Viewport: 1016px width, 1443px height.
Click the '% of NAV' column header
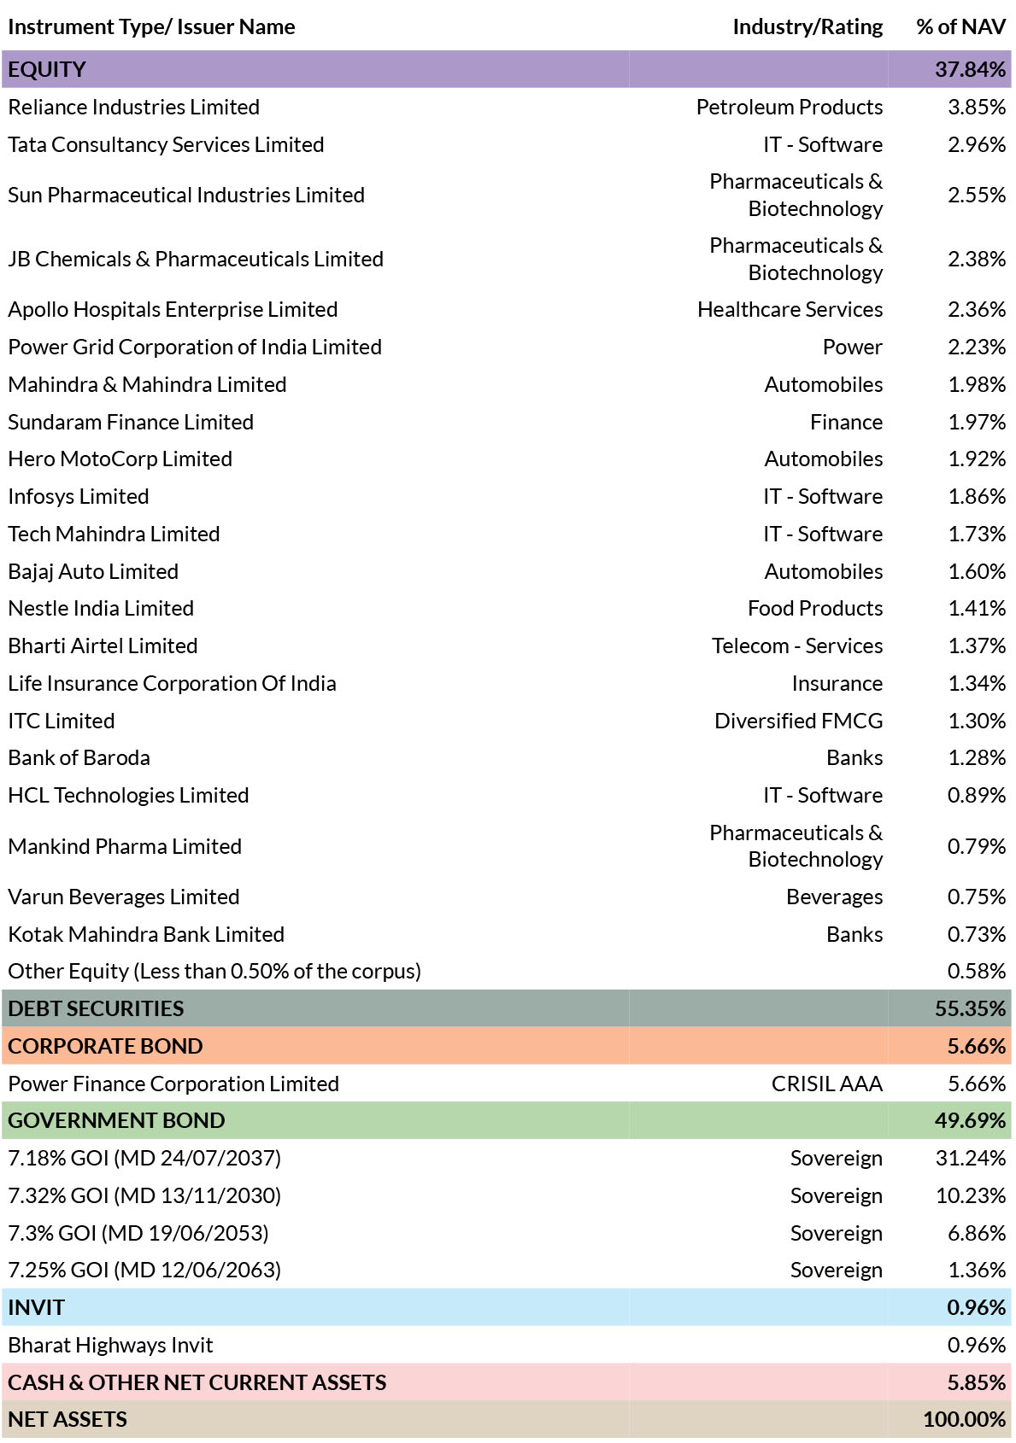point(960,26)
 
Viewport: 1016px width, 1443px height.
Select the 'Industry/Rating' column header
point(808,27)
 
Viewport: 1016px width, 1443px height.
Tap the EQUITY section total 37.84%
point(970,69)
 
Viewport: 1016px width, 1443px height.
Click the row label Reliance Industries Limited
point(133,107)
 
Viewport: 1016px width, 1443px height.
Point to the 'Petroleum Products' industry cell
point(790,107)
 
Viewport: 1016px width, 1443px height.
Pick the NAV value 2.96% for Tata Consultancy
point(977,144)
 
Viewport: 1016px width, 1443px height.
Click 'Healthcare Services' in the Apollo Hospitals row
point(790,309)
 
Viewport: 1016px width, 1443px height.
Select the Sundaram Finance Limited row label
point(131,422)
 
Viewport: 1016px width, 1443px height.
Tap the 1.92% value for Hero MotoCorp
point(977,459)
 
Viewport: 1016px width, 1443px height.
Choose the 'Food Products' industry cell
point(815,608)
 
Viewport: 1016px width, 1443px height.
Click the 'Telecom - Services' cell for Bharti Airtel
point(797,646)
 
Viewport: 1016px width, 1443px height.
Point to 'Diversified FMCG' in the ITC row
point(799,721)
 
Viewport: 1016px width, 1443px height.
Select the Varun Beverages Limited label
point(124,897)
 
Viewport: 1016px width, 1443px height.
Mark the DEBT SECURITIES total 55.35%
point(970,1008)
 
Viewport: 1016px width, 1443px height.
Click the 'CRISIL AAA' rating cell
point(827,1084)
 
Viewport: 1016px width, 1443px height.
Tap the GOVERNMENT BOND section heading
point(117,1120)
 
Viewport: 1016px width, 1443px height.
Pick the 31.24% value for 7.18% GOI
point(971,1158)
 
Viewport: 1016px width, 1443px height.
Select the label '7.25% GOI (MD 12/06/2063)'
point(144,1270)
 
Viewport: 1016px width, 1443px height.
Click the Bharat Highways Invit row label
point(110,1345)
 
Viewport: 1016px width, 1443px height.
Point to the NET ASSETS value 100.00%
point(965,1419)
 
